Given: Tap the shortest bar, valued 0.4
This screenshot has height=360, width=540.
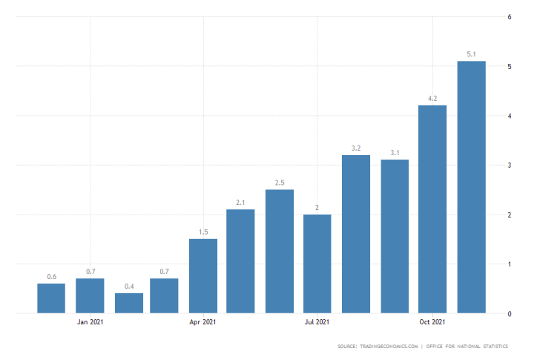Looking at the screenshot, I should pyautogui.click(x=128, y=303).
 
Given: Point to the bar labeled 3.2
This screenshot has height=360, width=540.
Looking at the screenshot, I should pyautogui.click(x=356, y=234).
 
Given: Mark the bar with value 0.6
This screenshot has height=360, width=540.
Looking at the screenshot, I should pyautogui.click(x=51, y=298).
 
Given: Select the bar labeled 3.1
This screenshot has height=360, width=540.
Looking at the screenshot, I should pyautogui.click(x=395, y=236).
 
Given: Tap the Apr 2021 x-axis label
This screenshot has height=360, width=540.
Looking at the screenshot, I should pyautogui.click(x=203, y=322).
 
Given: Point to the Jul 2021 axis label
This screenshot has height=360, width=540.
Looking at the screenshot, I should pyautogui.click(x=317, y=322).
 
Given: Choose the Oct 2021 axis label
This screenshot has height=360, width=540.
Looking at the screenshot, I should pyautogui.click(x=432, y=322).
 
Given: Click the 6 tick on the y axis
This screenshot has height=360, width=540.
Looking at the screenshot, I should pyautogui.click(x=509, y=16).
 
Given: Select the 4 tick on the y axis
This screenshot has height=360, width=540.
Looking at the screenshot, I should pyautogui.click(x=509, y=116).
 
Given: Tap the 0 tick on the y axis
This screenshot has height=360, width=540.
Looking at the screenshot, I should pyautogui.click(x=509, y=314).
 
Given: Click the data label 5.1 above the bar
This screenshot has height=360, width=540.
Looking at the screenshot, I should pyautogui.click(x=471, y=53).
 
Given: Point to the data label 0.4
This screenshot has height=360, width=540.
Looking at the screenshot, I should pyautogui.click(x=129, y=287).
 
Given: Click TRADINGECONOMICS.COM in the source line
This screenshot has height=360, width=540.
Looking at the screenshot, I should pyautogui.click(x=389, y=347).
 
